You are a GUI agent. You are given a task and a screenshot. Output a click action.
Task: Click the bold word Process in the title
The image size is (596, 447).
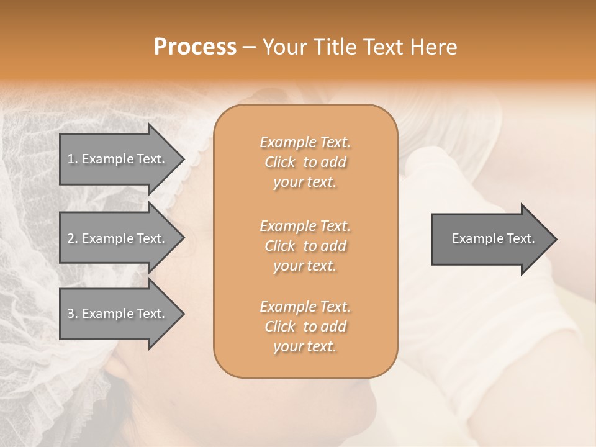click(195, 47)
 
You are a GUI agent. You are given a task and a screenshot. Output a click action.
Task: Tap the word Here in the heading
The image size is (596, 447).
click(433, 47)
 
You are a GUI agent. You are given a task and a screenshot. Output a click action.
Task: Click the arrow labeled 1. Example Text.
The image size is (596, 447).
click(118, 159)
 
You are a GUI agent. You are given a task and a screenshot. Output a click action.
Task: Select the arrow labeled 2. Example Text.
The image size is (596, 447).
click(118, 238)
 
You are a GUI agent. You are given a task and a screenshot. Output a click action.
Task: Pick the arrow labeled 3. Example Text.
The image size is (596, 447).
click(118, 314)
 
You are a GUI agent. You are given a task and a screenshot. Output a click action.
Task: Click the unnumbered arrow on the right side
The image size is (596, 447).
click(490, 238)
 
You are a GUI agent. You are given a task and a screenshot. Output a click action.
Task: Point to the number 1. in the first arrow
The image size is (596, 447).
click(73, 159)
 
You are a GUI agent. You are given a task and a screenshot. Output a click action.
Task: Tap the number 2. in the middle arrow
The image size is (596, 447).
click(73, 238)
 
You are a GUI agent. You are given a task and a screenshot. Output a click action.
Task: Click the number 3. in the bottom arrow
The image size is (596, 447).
click(73, 314)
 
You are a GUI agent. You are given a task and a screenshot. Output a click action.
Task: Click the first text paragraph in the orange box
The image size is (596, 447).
click(305, 162)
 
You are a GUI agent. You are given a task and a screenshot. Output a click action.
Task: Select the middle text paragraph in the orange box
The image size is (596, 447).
click(305, 246)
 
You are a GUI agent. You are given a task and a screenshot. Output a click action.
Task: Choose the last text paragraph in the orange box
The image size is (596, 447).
click(305, 327)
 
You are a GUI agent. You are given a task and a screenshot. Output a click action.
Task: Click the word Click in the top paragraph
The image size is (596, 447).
click(280, 162)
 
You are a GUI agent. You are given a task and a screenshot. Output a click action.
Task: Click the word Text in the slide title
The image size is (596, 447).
click(384, 47)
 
